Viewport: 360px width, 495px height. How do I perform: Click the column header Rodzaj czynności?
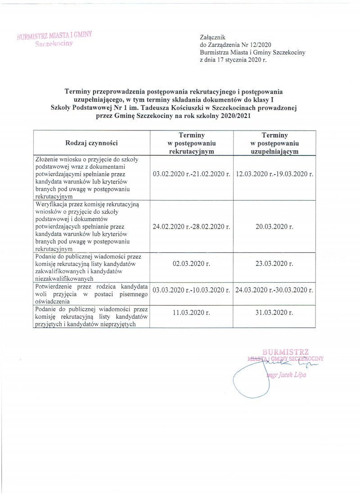(92, 143)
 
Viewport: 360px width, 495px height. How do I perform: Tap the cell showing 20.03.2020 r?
(274, 227)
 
